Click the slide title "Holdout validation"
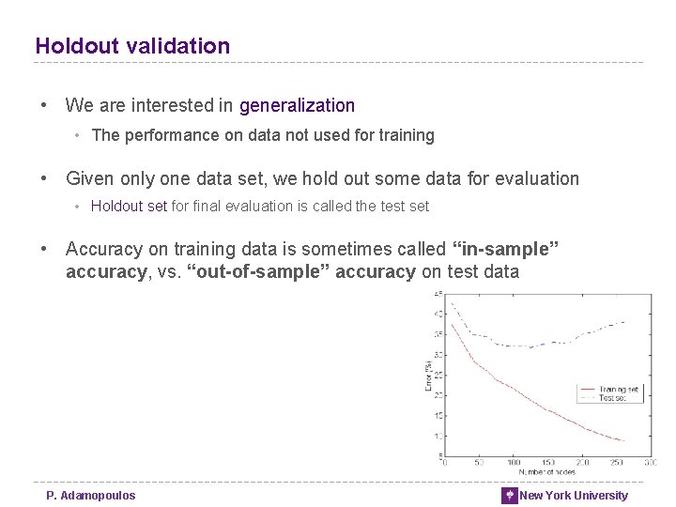coord(132,46)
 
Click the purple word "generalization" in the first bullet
coord(297,106)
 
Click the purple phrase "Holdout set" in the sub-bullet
coord(129,207)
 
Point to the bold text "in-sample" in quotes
coord(506,249)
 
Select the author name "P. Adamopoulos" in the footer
coord(91,496)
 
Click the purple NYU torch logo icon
coord(509,496)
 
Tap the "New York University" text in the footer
coord(574,496)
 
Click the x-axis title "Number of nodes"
coord(546,471)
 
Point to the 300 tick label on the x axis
coord(650,463)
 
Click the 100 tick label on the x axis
coord(513,463)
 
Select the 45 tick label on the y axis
coord(438,294)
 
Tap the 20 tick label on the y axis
coord(438,395)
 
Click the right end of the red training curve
coord(624,440)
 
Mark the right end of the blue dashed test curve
coord(624,322)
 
